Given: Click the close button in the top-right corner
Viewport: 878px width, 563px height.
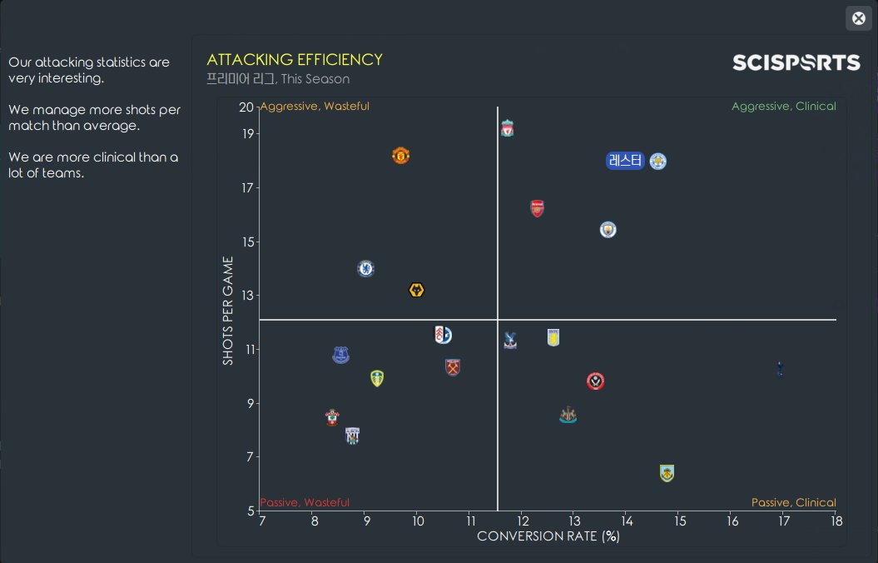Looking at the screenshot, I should pos(859,18).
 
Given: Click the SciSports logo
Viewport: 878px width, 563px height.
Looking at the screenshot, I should pos(796,62).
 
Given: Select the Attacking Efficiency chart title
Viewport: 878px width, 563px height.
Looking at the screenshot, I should pos(295,60).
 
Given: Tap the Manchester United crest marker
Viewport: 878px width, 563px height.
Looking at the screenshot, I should pos(401,156).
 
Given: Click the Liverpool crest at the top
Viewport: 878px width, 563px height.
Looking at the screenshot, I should pos(507,128).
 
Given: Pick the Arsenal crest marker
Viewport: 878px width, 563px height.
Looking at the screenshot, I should pos(538,208).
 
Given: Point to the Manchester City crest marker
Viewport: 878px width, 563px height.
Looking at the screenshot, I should pos(608,229).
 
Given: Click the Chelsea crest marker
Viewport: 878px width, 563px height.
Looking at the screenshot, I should pos(365,268).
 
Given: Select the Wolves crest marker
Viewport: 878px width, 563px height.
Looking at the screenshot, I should pos(417,290).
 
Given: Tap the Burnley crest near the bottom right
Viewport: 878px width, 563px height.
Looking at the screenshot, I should pos(666,473).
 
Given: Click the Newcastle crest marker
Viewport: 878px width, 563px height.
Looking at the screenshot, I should pos(568,415).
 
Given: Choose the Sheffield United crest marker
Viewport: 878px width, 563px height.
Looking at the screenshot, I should pos(595,381).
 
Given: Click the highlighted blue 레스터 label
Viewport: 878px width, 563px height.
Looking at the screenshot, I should pos(626,161).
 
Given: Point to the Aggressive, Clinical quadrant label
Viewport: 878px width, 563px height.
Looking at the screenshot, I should pos(783,107).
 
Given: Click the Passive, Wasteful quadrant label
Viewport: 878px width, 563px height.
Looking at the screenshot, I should pos(305,502).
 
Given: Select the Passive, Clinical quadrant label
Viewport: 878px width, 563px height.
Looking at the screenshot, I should pos(793,502).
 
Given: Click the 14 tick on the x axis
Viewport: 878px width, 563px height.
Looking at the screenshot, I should pos(627,521).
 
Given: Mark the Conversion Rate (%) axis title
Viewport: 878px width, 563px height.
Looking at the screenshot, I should pos(548,536).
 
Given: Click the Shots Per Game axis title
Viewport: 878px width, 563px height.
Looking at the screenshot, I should pos(228,310).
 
